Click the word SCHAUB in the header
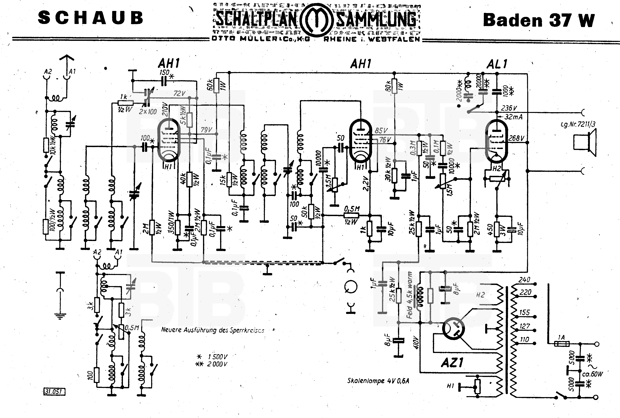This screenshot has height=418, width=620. pos(90,18)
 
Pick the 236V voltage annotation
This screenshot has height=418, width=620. pos(509,108)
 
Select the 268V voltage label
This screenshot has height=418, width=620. pos(516,138)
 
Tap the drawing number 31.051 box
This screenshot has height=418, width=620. pos(54,392)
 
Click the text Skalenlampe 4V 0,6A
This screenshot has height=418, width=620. pos(378,381)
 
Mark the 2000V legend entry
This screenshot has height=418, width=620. pos(212,364)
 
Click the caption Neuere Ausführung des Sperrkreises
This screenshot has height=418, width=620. pos(213,330)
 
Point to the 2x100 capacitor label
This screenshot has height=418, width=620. pos(148,112)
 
